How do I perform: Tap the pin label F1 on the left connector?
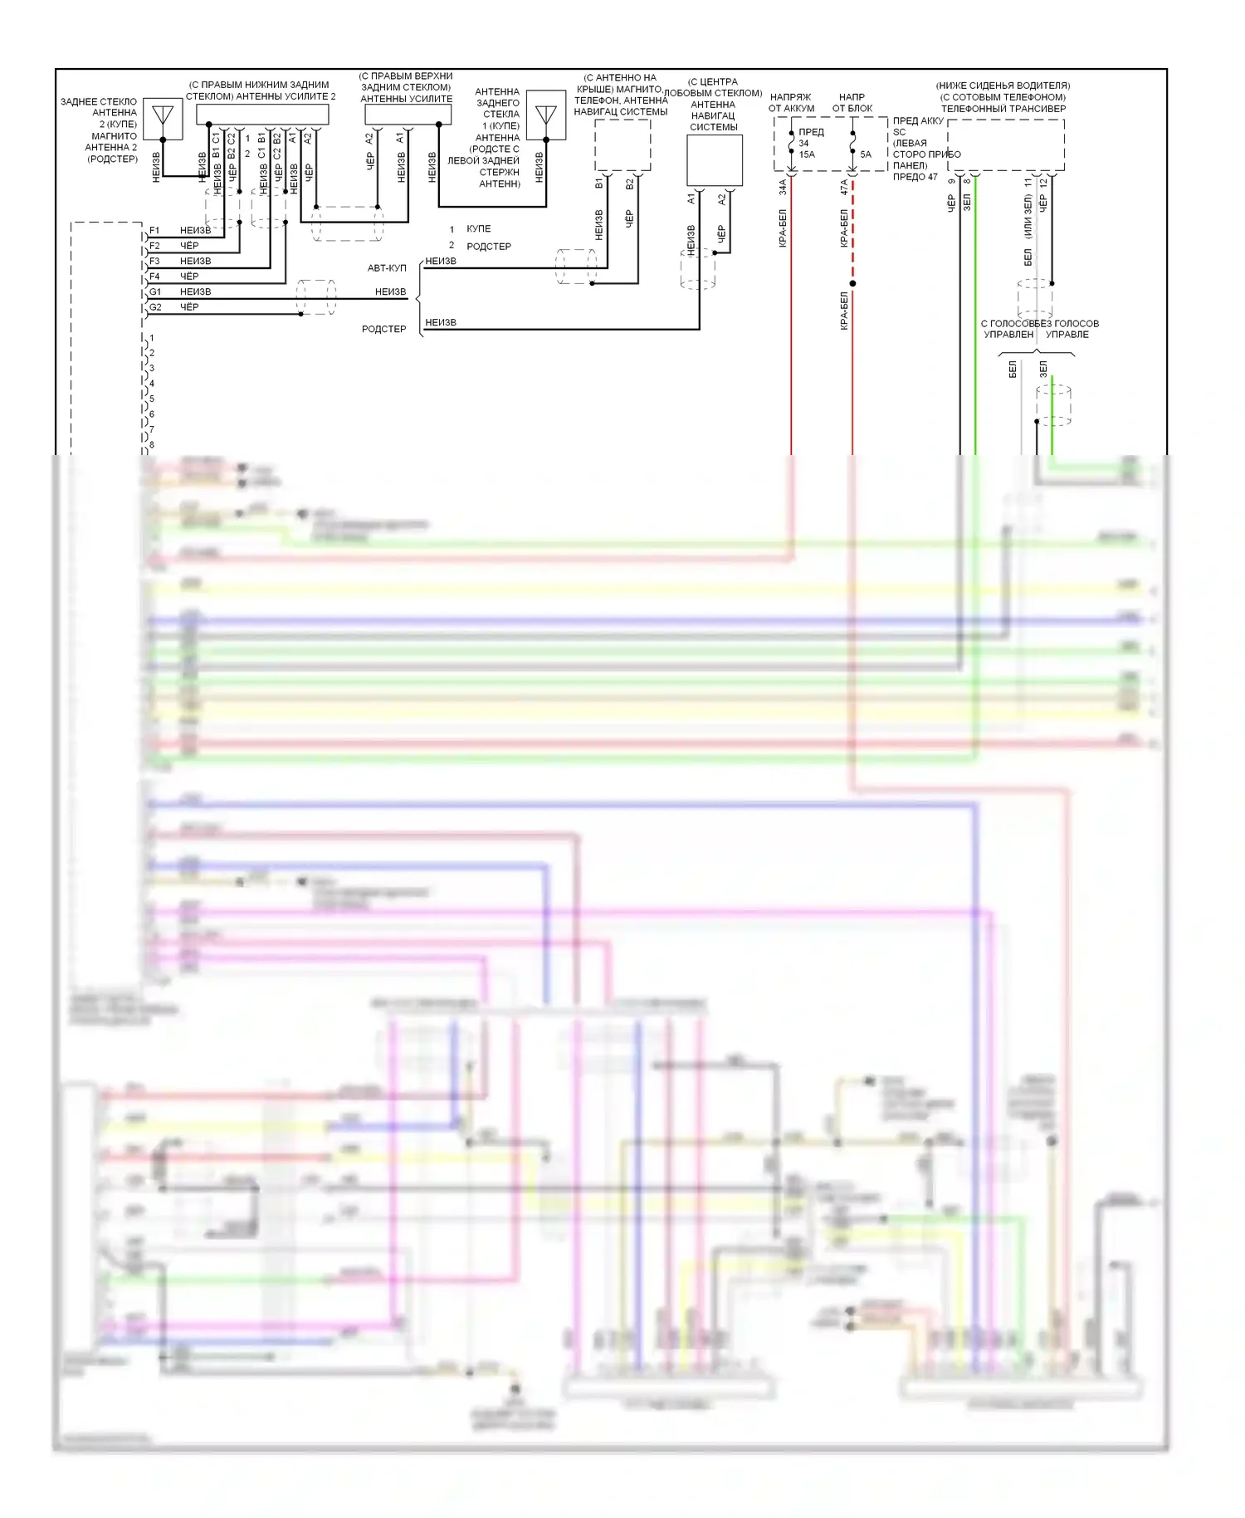[154, 230]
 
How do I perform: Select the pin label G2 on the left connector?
[155, 307]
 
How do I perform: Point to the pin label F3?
[154, 261]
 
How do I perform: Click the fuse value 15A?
[807, 154]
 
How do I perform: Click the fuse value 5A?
[866, 154]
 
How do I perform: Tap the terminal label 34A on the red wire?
[783, 188]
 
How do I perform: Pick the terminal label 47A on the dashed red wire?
[844, 188]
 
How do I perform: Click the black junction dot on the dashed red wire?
[852, 283]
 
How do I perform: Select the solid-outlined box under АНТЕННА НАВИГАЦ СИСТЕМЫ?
[714, 160]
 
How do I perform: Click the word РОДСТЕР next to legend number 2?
[489, 247]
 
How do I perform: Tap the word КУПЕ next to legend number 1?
[479, 229]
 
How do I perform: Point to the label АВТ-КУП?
[387, 268]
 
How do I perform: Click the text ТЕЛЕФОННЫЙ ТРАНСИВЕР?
[1003, 109]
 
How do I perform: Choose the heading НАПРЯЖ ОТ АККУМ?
[791, 103]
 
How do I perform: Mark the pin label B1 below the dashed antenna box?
[598, 183]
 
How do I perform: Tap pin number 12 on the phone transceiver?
[1044, 182]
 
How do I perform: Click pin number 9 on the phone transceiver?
[952, 182]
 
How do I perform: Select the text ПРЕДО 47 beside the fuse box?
[915, 177]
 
